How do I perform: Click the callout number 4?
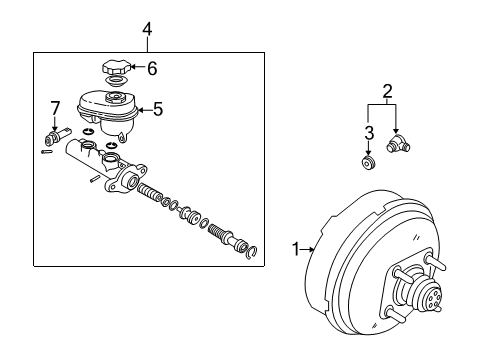pos(147,28)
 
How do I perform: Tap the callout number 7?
pos(56,106)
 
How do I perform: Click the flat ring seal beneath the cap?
pos(116,84)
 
